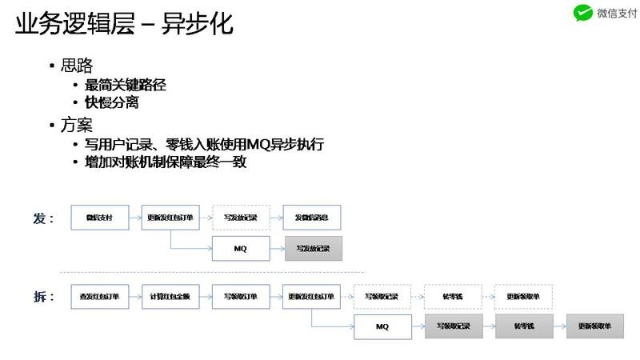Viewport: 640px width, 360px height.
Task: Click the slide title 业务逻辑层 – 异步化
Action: tap(124, 24)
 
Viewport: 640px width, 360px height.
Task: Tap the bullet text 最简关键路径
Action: tap(126, 84)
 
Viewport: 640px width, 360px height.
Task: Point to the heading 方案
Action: tap(76, 125)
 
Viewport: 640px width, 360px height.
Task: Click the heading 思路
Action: tap(76, 66)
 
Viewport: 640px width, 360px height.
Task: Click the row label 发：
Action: tap(44, 218)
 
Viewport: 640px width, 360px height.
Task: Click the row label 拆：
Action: tap(44, 297)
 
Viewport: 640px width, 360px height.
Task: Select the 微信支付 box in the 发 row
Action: tap(98, 218)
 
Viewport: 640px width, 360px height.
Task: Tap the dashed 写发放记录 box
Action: tap(241, 218)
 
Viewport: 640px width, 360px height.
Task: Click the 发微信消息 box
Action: tap(313, 218)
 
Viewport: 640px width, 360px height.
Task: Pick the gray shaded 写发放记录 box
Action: tap(313, 248)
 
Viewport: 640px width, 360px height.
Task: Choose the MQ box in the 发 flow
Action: tap(241, 248)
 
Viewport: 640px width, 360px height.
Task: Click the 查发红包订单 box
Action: tap(98, 297)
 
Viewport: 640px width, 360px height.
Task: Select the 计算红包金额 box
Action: tap(170, 297)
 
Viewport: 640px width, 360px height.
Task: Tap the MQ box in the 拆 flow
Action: tap(382, 326)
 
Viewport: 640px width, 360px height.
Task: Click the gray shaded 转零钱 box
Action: tap(524, 326)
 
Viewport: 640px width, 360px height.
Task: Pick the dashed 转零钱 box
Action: tap(453, 297)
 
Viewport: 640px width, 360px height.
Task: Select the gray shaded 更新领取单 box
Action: tap(594, 326)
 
